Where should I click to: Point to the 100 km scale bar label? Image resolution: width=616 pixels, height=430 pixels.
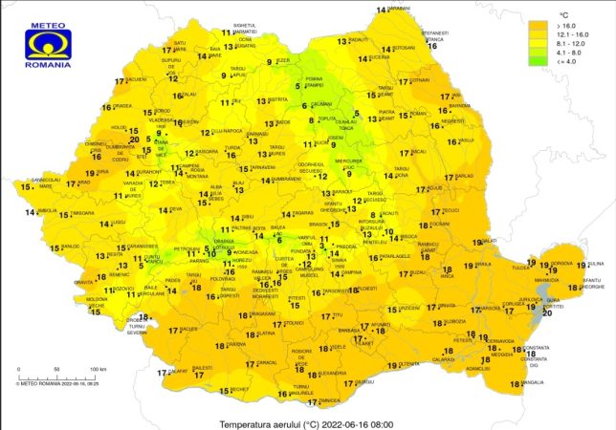(x=98, y=368)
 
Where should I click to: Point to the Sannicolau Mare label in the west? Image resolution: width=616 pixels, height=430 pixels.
(x=45, y=182)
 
